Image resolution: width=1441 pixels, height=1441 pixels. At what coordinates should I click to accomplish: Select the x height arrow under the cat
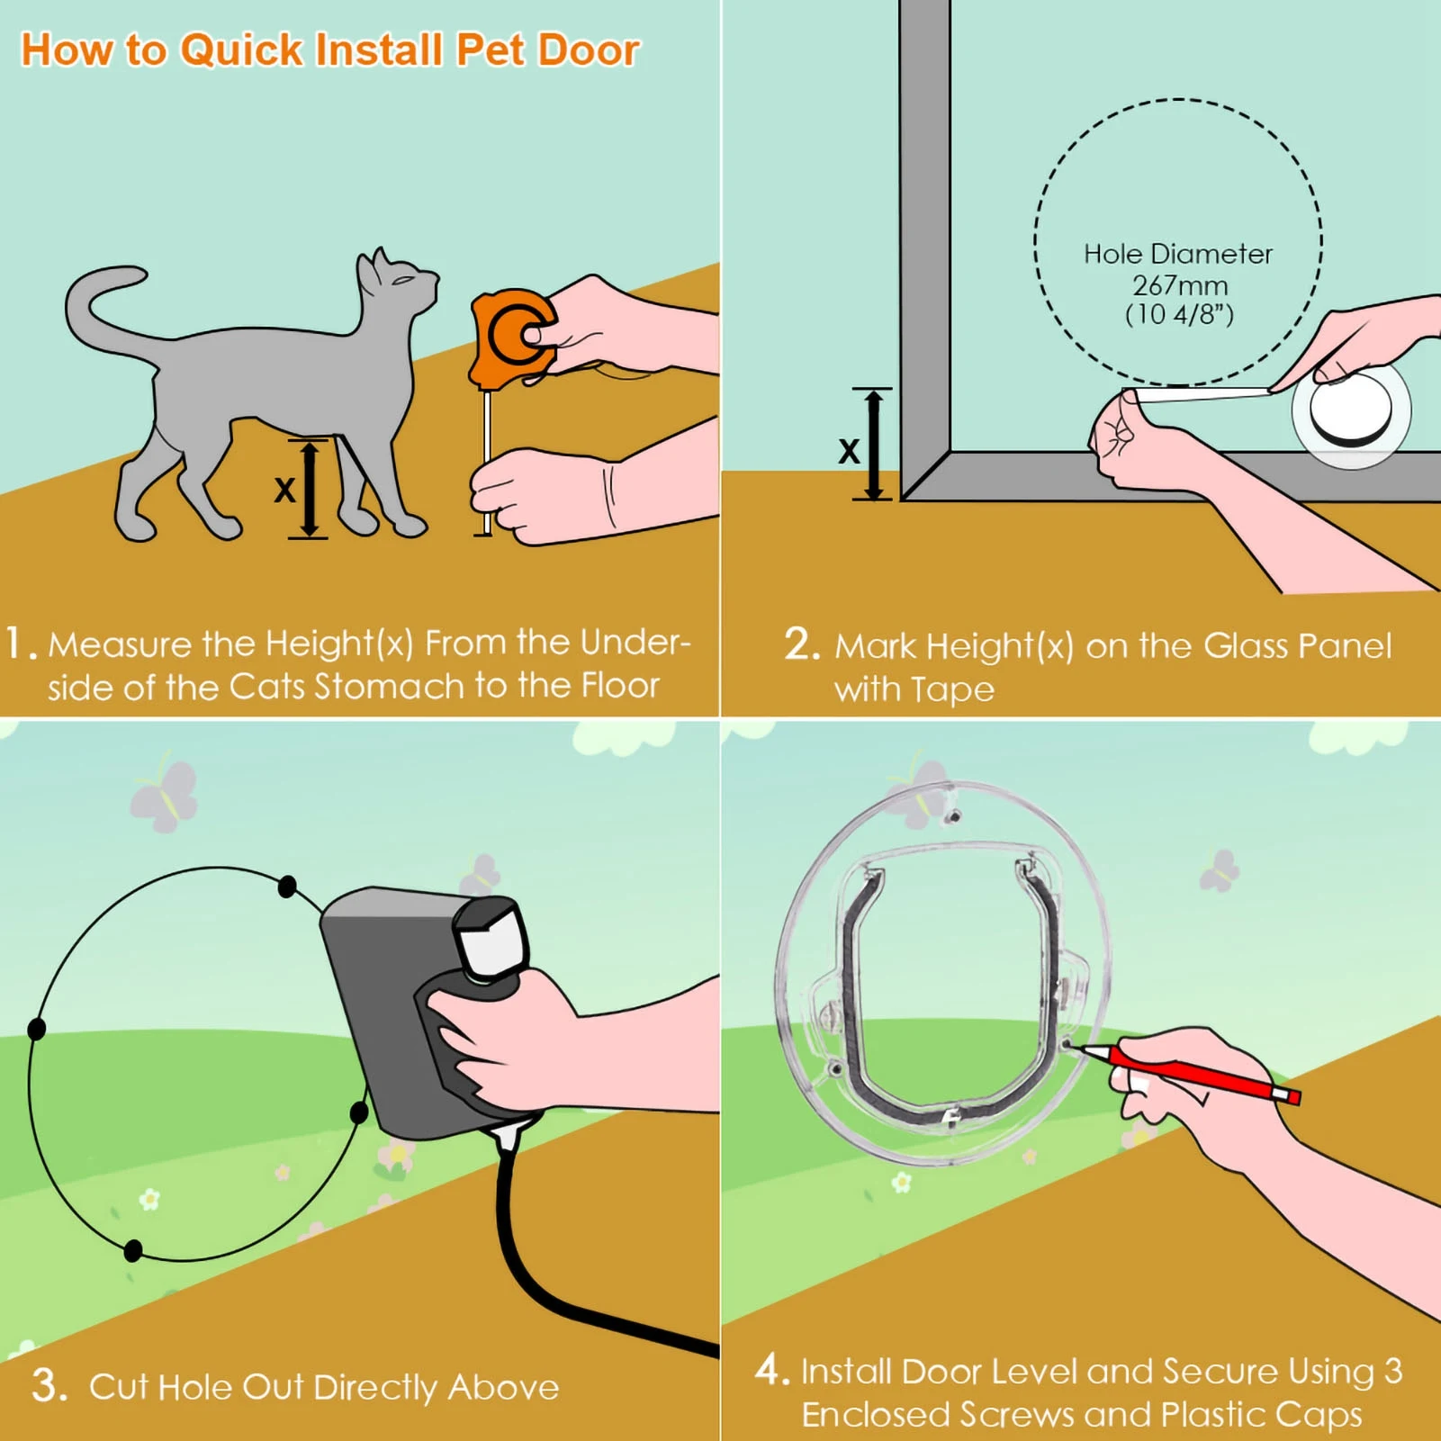pyautogui.click(x=309, y=489)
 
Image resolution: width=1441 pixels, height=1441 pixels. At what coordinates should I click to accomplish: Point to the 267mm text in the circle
pyautogui.click(x=1179, y=286)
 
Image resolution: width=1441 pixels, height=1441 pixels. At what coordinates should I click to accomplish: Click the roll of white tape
pyautogui.click(x=1350, y=411)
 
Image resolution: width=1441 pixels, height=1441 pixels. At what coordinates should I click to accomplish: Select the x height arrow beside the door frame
pyautogui.click(x=872, y=444)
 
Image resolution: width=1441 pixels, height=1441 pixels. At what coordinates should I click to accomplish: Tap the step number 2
pyautogui.click(x=800, y=644)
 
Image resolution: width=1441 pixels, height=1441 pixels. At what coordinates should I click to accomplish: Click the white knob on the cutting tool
pyautogui.click(x=491, y=939)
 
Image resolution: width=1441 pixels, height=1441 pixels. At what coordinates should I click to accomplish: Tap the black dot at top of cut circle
pyautogui.click(x=287, y=887)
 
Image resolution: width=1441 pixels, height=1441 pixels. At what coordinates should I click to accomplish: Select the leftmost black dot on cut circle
pyautogui.click(x=37, y=1029)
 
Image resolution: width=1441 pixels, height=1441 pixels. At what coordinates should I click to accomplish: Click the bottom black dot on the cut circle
pyautogui.click(x=132, y=1250)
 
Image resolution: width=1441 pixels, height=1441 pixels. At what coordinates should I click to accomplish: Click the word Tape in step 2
pyautogui.click(x=951, y=690)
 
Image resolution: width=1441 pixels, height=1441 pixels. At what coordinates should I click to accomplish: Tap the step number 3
pyautogui.click(x=49, y=1385)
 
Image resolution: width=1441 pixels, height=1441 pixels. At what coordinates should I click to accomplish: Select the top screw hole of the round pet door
pyautogui.click(x=953, y=817)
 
